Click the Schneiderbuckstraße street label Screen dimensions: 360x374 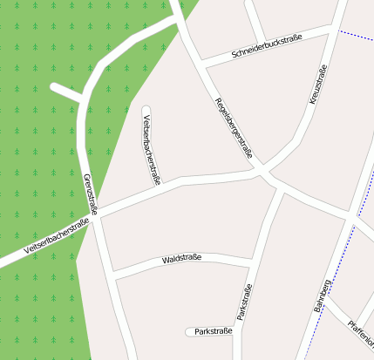(267, 49)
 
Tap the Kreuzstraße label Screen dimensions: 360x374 (318, 85)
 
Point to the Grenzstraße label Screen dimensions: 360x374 (88, 194)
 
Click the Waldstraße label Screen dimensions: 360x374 (181, 259)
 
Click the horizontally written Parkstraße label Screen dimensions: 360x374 (214, 332)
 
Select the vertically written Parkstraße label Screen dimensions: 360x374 (243, 301)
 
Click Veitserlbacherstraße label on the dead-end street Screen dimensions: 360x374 (152, 150)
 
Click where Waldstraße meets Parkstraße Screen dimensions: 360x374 (254, 260)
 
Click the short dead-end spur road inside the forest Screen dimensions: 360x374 (66, 92)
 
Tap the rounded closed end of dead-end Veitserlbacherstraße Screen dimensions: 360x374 (145, 109)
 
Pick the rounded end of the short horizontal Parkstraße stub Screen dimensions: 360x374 (189, 332)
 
